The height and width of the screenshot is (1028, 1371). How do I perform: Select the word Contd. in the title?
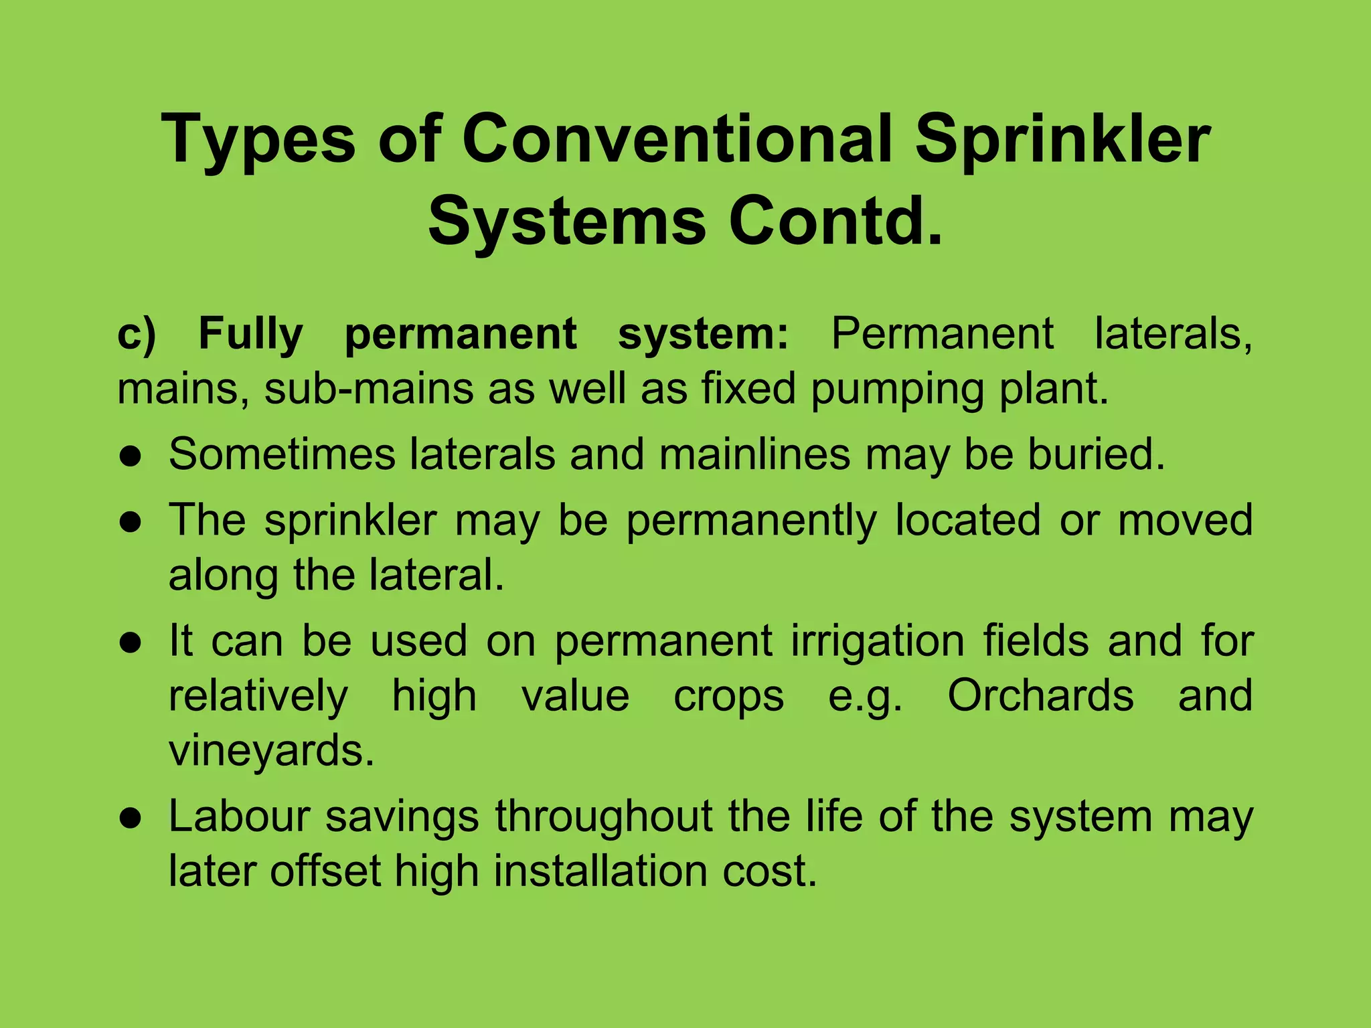pyautogui.click(x=835, y=221)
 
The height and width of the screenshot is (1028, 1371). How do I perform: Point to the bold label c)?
pyautogui.click(x=137, y=334)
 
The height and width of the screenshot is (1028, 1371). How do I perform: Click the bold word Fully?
pyautogui.click(x=251, y=335)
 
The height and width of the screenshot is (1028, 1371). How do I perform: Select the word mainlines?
pyautogui.click(x=754, y=454)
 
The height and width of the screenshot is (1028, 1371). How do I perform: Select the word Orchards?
pyautogui.click(x=1040, y=696)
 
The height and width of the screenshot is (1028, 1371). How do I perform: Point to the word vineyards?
pyautogui.click(x=271, y=752)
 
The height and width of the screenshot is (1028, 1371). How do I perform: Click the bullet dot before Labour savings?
pyautogui.click(x=131, y=819)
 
